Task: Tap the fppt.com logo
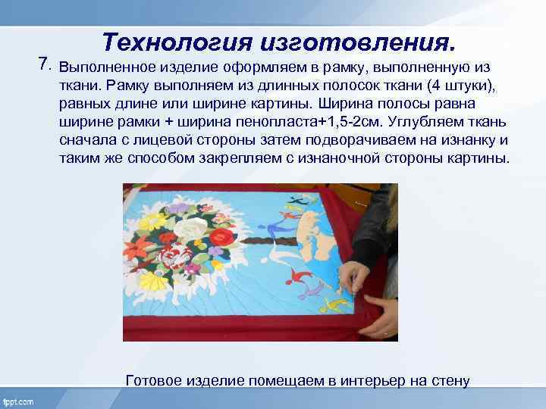pos(20,399)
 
